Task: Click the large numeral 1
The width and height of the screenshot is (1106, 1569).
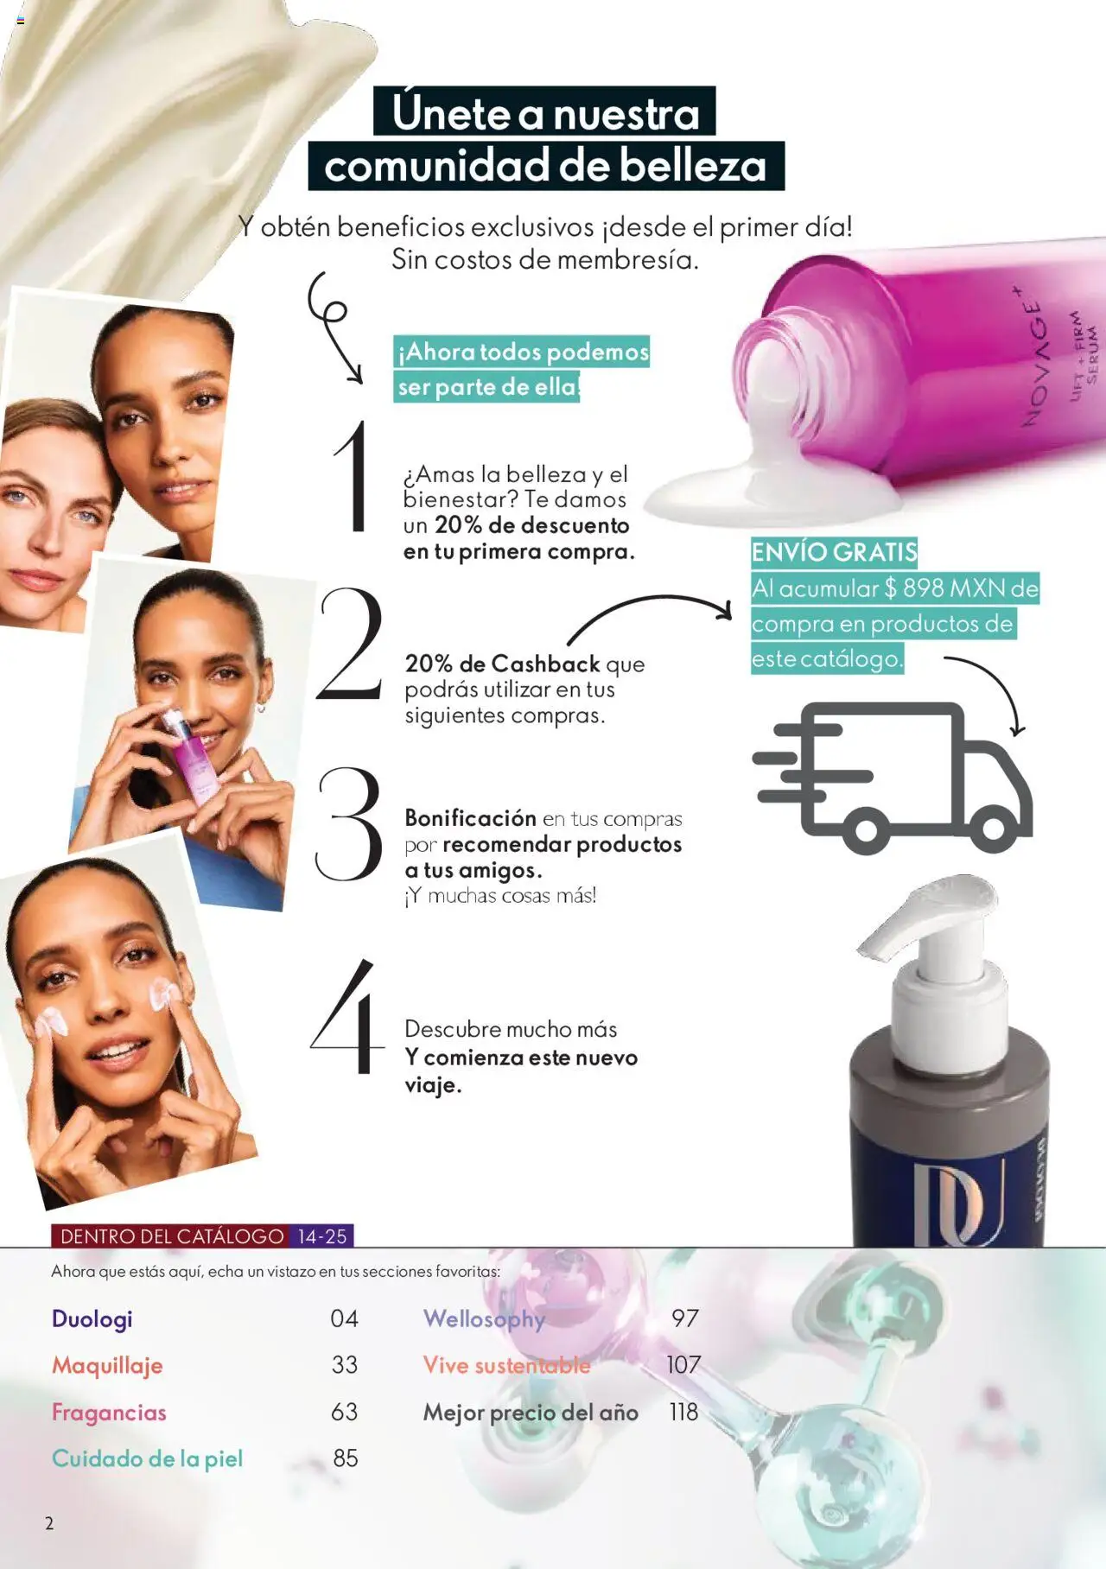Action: [353, 477]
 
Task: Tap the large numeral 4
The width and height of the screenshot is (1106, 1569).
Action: [347, 1018]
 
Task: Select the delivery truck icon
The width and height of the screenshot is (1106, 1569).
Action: [893, 777]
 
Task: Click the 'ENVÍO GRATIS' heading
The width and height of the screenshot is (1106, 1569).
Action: [834, 551]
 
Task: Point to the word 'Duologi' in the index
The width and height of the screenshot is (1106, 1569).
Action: [92, 1318]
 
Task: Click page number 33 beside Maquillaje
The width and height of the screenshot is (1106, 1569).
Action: [345, 1365]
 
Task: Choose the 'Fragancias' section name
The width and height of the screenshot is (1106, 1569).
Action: [109, 1412]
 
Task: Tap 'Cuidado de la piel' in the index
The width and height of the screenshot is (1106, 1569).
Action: [147, 1458]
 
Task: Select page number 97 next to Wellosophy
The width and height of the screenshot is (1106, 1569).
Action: [684, 1318]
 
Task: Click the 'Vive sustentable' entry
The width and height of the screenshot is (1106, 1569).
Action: [506, 1365]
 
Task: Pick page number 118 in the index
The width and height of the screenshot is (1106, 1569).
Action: [683, 1412]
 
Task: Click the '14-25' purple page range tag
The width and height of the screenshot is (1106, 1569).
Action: [322, 1236]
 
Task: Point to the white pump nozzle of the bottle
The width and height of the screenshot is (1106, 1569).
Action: [916, 916]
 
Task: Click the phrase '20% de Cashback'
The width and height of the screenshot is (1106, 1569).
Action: [502, 664]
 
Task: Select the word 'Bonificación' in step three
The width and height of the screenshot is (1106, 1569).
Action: [471, 818]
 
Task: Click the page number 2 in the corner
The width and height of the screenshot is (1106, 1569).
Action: [49, 1523]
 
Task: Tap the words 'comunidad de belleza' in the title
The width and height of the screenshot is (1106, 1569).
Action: [545, 166]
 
